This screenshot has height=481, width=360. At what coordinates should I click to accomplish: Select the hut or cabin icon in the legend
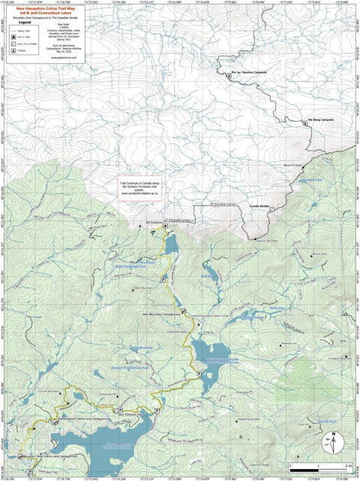17,35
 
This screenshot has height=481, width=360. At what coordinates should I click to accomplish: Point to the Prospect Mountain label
328,356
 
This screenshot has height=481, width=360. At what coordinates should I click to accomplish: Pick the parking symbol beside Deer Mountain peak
163,278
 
